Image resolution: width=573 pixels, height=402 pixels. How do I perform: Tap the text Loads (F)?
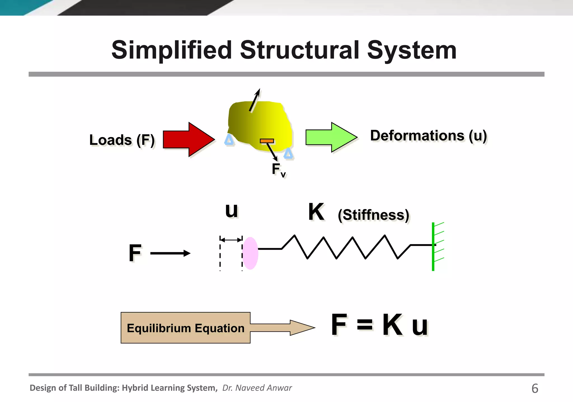coord(122,140)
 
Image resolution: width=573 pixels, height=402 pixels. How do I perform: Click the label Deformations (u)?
coord(428,136)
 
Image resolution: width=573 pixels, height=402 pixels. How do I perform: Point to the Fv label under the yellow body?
coord(279,170)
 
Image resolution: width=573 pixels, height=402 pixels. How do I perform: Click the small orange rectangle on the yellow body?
coord(267,141)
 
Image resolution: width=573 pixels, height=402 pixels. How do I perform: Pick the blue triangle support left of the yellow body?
coord(229,140)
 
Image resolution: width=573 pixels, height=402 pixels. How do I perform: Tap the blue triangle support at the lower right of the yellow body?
coord(288,154)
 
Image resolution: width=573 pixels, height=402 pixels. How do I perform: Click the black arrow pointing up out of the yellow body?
coord(255,100)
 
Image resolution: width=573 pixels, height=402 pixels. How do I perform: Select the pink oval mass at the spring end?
coord(250,253)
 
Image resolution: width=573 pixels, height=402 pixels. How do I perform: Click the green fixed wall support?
coord(433,246)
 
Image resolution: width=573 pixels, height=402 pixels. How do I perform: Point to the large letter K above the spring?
coord(316,212)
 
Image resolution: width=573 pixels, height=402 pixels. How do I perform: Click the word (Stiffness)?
coord(373,215)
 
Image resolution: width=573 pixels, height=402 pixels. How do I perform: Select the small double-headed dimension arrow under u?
coord(231,239)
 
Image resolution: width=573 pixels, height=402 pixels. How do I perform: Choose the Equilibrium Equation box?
coord(185,328)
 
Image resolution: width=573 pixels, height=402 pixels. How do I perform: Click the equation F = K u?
coord(379,325)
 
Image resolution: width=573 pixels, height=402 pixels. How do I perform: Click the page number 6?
coord(535,389)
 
